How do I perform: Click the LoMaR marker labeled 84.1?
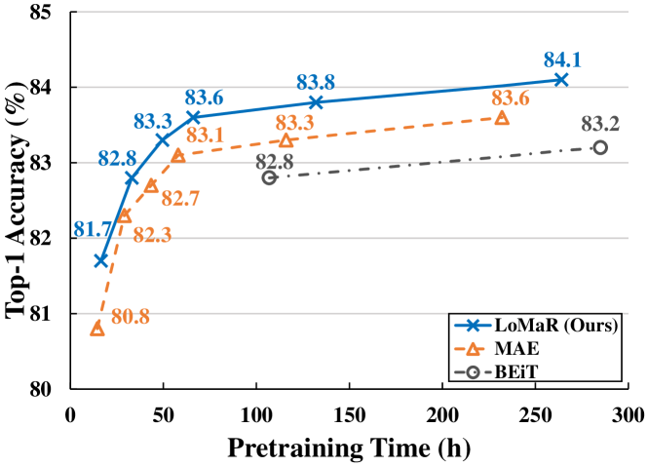560,79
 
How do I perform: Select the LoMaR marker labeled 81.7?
100,260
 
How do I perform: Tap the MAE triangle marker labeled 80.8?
97,329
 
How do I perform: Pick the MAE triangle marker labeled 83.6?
502,117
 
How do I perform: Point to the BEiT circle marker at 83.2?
600,147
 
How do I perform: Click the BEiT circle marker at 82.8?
269,177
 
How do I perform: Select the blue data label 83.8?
316,82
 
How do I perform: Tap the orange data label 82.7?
180,200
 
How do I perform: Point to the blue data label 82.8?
116,157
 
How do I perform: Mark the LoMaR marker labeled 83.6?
193,116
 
